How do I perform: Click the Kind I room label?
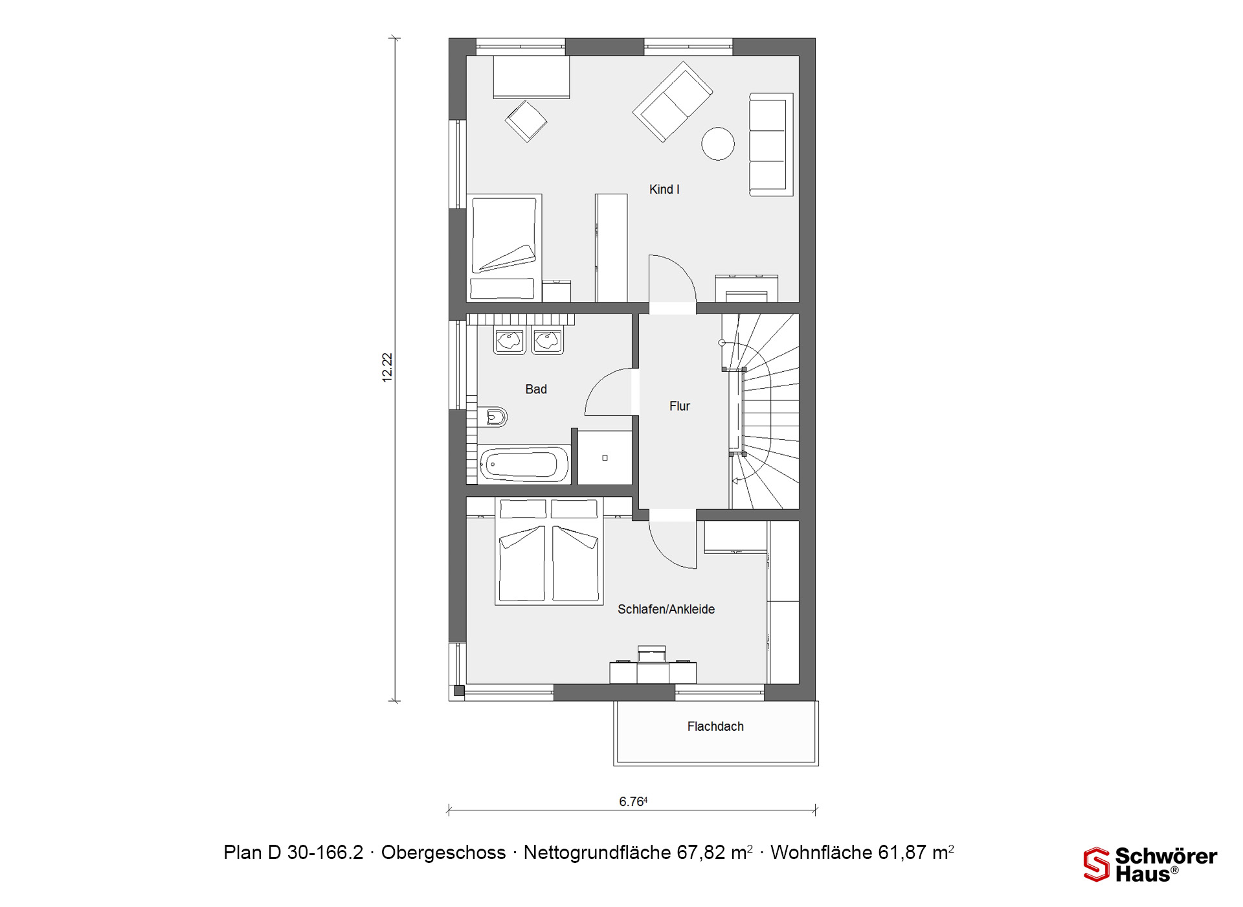[664, 189]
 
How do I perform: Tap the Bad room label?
[536, 389]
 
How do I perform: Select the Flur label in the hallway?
[680, 406]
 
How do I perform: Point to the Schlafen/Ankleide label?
[666, 609]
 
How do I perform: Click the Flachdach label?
[715, 726]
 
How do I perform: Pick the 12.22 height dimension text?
[387, 367]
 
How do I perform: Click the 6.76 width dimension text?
[633, 801]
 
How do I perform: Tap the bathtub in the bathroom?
[524, 465]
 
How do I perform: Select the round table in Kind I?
[718, 143]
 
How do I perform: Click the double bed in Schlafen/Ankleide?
[549, 551]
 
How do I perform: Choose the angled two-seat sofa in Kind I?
[673, 102]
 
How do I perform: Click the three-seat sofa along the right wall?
[771, 144]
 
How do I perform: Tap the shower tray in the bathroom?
[605, 457]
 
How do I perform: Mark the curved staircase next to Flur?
[764, 411]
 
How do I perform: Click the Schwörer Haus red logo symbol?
[1097, 864]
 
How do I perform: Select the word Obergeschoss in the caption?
[443, 853]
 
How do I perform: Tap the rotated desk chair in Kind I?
[526, 121]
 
